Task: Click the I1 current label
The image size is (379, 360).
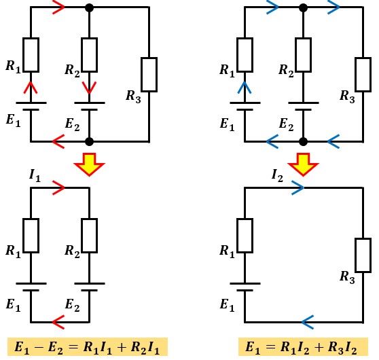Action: [35, 175]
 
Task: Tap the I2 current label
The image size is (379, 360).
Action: [277, 175]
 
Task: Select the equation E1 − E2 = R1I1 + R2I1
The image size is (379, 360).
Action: [87, 347]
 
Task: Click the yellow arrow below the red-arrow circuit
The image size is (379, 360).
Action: [89, 164]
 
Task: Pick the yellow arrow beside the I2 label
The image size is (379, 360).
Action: [303, 164]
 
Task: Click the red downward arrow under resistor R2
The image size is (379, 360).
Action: [89, 87]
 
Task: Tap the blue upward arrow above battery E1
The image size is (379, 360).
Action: [245, 88]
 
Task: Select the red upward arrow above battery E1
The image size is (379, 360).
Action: [31, 87]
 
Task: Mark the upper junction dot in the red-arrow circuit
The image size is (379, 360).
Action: [89, 7]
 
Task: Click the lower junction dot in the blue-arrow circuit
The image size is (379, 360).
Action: [303, 142]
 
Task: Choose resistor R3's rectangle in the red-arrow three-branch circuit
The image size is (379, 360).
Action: [149, 75]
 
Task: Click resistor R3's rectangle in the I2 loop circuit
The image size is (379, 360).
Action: [363, 255]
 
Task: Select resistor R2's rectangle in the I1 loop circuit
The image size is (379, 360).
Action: [89, 236]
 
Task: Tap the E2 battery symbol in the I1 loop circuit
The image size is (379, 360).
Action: [89, 287]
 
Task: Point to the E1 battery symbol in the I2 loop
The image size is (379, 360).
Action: [245, 287]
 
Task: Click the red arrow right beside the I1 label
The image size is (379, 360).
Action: [58, 187]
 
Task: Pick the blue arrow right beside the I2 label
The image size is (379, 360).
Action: [297, 187]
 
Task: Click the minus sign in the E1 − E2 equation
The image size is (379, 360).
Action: [38, 347]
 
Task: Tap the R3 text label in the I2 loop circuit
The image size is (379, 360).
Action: [347, 276]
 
